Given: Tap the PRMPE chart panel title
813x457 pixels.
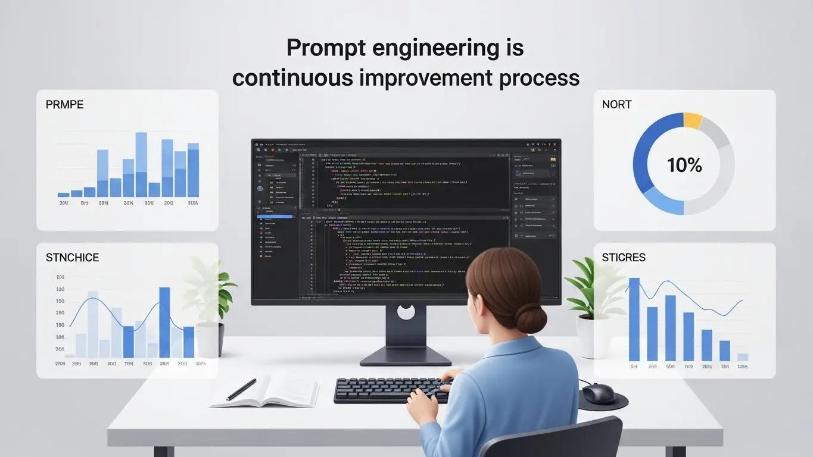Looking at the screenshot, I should (64, 105).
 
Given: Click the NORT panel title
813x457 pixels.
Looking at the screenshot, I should (616, 105).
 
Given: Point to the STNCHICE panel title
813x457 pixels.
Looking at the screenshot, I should (72, 258).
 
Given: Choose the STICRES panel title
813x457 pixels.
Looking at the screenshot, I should (623, 258).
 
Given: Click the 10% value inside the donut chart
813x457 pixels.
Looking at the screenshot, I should (684, 165).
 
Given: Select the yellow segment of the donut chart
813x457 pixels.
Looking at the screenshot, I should (693, 120).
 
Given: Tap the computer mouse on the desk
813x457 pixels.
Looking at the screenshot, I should (598, 393).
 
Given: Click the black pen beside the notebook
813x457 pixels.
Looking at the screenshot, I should (241, 390).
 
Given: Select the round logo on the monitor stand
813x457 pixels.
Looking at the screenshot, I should (406, 312).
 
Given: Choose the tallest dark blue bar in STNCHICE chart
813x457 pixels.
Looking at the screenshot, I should (164, 322).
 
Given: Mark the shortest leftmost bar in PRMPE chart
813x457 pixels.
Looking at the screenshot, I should (63, 194).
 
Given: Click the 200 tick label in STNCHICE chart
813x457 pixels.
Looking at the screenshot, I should (60, 277).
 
